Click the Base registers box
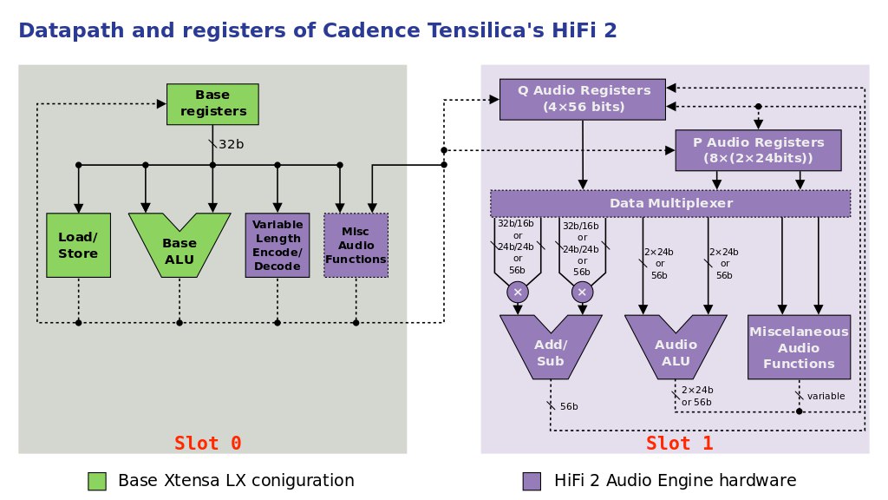point(212,104)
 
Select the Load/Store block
point(78,246)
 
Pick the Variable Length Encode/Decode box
point(277,246)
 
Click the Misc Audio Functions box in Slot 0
point(356,246)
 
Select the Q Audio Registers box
point(582,99)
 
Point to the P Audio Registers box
point(758,150)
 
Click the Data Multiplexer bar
point(670,203)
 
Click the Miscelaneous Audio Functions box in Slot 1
point(799,347)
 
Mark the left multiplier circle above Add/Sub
point(518,293)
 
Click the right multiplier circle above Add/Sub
point(582,293)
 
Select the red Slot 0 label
point(208,443)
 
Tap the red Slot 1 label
point(680,443)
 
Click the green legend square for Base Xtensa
point(97,481)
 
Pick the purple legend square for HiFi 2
point(532,481)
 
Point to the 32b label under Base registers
point(231,145)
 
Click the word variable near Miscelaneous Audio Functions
point(826,396)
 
